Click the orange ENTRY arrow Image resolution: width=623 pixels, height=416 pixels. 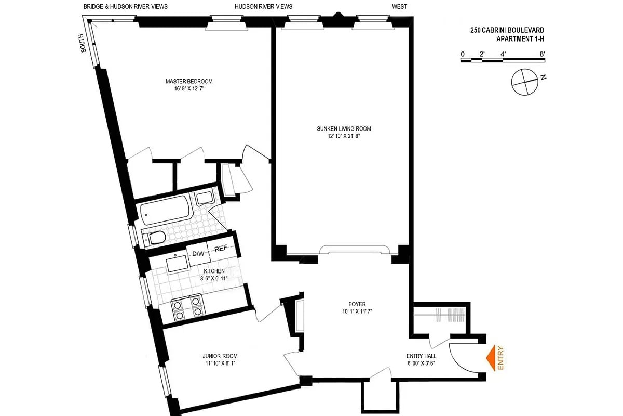[491, 358]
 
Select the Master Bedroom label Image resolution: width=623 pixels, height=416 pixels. [189, 81]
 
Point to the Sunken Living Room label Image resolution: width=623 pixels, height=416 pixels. [344, 128]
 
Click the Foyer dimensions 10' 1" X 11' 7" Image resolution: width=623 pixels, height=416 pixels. [357, 312]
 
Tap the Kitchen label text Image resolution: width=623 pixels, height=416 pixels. [214, 271]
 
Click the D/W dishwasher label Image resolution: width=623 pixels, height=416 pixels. [198, 254]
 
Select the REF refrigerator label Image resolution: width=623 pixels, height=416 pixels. [222, 249]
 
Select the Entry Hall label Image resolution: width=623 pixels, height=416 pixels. [421, 356]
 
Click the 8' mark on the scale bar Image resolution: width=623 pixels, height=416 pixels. [542, 54]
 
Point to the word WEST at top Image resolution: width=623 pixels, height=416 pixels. [400, 7]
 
